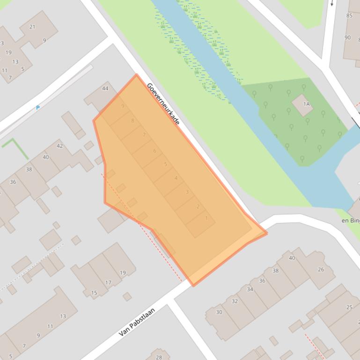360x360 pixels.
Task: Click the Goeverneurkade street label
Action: click(x=163, y=103)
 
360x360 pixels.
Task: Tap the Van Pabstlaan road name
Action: click(x=136, y=321)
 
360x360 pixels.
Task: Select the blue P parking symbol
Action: click(x=38, y=108)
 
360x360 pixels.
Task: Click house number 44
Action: click(x=105, y=88)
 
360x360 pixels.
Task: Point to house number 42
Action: click(x=59, y=146)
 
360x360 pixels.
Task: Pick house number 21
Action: click(x=32, y=27)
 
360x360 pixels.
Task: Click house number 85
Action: click(x=349, y=15)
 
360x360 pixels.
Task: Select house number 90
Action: click(x=347, y=37)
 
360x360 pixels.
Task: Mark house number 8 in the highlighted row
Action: click(x=133, y=121)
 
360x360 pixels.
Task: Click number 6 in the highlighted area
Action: click(x=155, y=151)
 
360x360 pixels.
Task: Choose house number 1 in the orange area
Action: click(x=206, y=218)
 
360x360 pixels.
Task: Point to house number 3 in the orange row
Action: click(x=187, y=192)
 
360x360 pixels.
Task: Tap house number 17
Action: click(x=108, y=282)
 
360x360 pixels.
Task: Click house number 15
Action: click(x=94, y=293)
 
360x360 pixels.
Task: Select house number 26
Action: click(x=321, y=269)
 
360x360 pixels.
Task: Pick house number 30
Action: click(x=219, y=312)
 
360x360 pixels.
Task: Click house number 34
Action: click(x=250, y=289)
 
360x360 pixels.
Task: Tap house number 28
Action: click(x=159, y=357)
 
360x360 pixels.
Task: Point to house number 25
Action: click(x=349, y=307)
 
